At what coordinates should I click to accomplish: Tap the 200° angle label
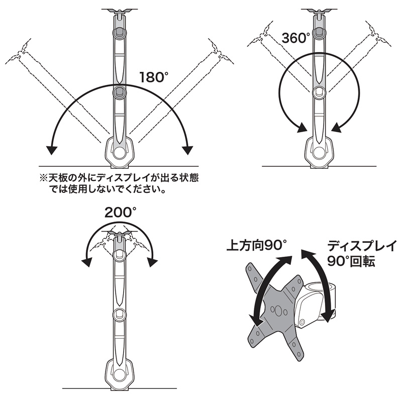tap(121, 212)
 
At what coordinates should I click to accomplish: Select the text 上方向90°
tap(256, 246)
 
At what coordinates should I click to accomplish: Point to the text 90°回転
tap(351, 262)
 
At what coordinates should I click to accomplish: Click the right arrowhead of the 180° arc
tap(188, 150)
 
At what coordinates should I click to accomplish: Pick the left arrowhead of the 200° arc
tap(87, 261)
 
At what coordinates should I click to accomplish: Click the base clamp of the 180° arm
tap(120, 153)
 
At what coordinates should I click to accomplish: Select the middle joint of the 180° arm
tap(120, 92)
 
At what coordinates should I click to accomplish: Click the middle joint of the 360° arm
tap(319, 92)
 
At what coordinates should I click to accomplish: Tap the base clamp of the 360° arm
tap(319, 152)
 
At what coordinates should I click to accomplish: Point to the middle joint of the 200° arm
tap(120, 315)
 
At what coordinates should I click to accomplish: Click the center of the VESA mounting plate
tap(275, 308)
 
